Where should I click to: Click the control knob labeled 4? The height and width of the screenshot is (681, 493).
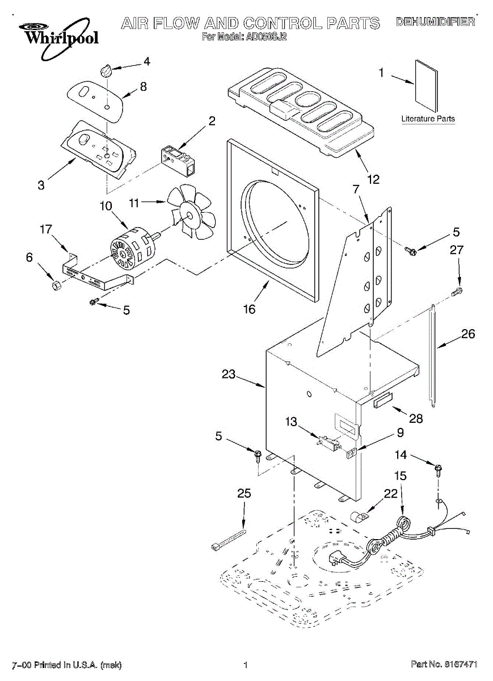[105, 71]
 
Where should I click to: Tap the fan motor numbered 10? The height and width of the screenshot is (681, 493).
[132, 247]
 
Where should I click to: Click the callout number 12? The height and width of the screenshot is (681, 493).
[373, 179]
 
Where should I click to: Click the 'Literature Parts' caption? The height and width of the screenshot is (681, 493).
[428, 119]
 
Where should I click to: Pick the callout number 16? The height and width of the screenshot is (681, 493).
[249, 309]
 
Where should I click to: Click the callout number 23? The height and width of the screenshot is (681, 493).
[228, 375]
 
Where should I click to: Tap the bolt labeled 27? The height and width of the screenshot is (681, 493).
[457, 292]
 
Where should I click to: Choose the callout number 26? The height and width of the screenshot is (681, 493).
[468, 334]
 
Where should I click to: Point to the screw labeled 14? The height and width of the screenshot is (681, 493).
[438, 469]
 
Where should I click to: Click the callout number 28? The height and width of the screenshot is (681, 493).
[416, 419]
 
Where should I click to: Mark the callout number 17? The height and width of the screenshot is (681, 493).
[46, 230]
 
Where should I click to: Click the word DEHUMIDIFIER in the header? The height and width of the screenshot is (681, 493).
[435, 22]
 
